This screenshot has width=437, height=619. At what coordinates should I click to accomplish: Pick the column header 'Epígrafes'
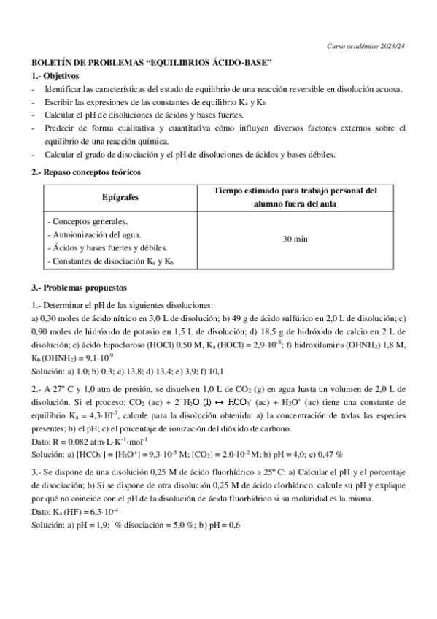pyautogui.click(x=120, y=198)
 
